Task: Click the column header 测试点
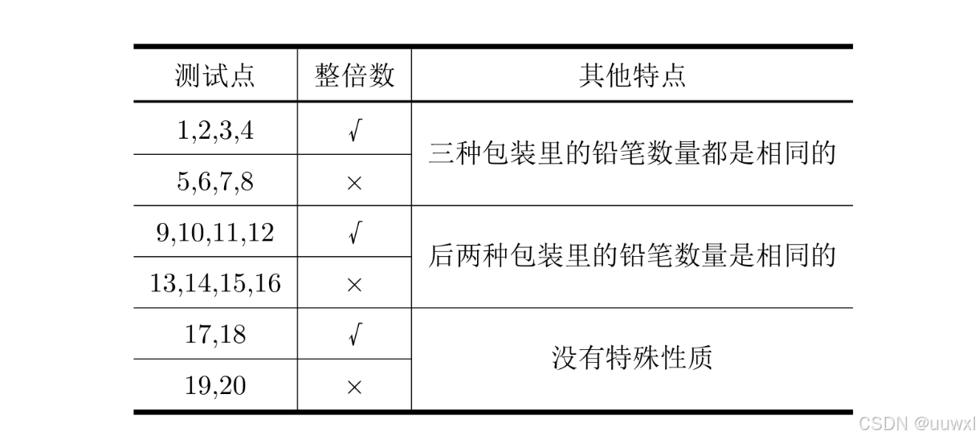[x=214, y=75]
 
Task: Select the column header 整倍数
[x=354, y=75]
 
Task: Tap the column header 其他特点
[x=632, y=75]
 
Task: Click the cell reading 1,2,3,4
[x=214, y=130]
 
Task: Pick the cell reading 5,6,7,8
[x=214, y=181]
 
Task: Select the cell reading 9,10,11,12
[x=214, y=233]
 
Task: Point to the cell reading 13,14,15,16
[x=214, y=283]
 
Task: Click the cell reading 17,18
[x=214, y=335]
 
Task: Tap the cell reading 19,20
[x=214, y=386]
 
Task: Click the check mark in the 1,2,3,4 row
[x=354, y=131]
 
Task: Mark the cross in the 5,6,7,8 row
[x=354, y=183]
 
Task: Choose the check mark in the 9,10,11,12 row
[x=354, y=234]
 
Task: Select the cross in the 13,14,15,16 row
[x=354, y=285]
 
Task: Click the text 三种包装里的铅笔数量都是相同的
[x=632, y=153]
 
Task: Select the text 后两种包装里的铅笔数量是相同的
[x=632, y=255]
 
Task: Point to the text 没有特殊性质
[x=632, y=358]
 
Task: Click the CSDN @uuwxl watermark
[x=916, y=423]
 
